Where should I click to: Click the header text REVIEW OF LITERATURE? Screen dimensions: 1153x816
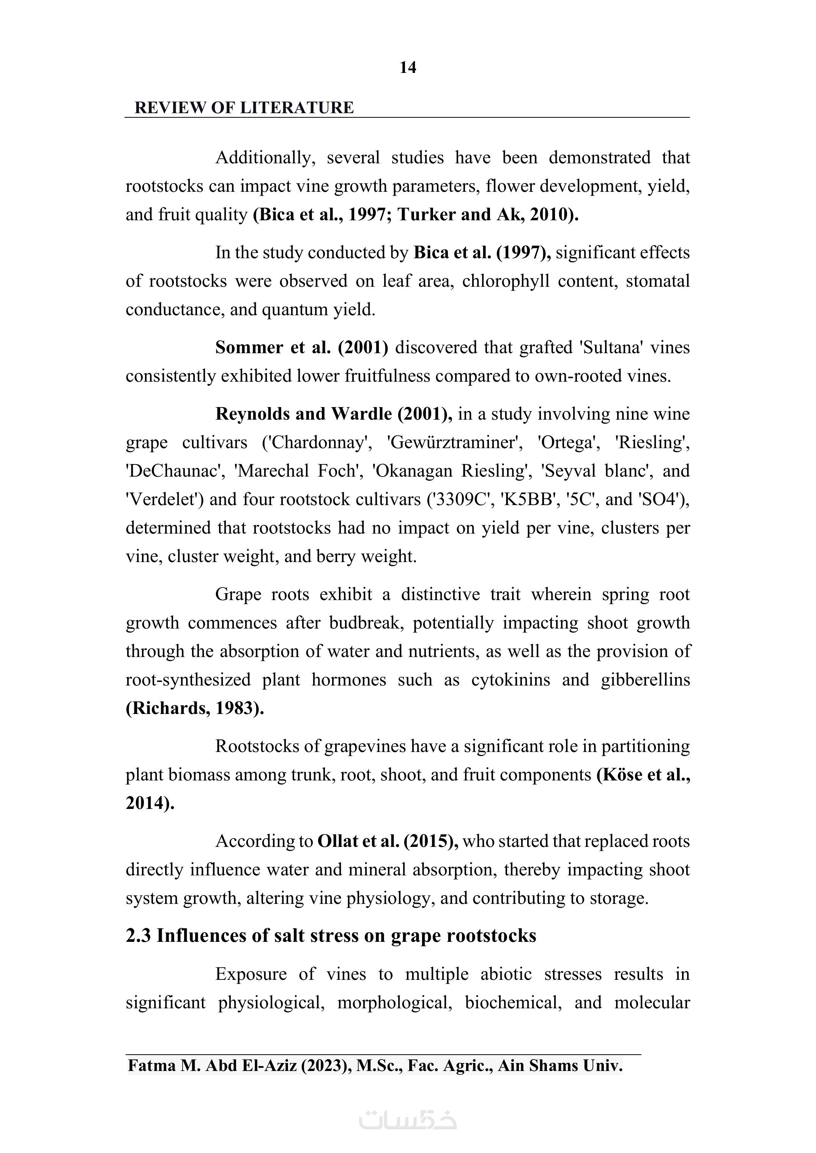click(244, 107)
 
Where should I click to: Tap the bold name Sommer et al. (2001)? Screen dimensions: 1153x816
click(301, 347)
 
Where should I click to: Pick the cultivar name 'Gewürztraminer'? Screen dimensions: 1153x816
click(454, 442)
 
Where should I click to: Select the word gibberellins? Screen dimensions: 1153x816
click(645, 680)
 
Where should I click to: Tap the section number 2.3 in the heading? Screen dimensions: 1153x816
click(139, 936)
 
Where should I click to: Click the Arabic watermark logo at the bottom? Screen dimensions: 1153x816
click(408, 1119)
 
